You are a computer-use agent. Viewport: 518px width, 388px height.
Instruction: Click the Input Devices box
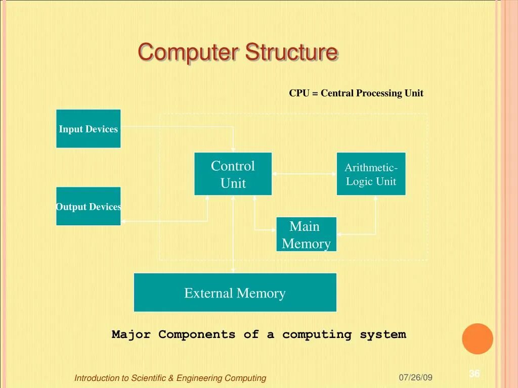click(89, 129)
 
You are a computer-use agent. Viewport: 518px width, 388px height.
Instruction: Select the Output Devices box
click(89, 206)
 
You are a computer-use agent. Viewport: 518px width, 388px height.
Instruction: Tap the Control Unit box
click(233, 174)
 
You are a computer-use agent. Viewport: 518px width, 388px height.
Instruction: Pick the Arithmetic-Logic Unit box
click(371, 174)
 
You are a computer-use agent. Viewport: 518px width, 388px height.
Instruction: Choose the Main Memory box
click(306, 234)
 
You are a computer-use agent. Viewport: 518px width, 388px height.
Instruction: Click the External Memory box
click(235, 293)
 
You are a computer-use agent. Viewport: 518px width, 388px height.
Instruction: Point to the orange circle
click(477, 338)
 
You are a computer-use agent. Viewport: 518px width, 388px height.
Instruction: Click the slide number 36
click(474, 374)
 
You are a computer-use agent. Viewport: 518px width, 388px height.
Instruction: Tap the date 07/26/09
click(415, 377)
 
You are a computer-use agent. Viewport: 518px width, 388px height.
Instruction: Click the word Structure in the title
click(292, 53)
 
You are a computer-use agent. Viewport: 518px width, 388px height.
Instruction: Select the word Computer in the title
click(189, 53)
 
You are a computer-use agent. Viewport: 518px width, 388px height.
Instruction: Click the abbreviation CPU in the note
click(299, 93)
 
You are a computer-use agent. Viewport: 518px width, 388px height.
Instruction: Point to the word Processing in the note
click(379, 93)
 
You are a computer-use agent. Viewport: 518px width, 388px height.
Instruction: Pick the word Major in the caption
click(131, 334)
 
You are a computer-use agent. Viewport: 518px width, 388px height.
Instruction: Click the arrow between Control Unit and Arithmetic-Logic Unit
click(304, 174)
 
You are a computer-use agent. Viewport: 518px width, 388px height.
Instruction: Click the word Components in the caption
click(197, 334)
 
